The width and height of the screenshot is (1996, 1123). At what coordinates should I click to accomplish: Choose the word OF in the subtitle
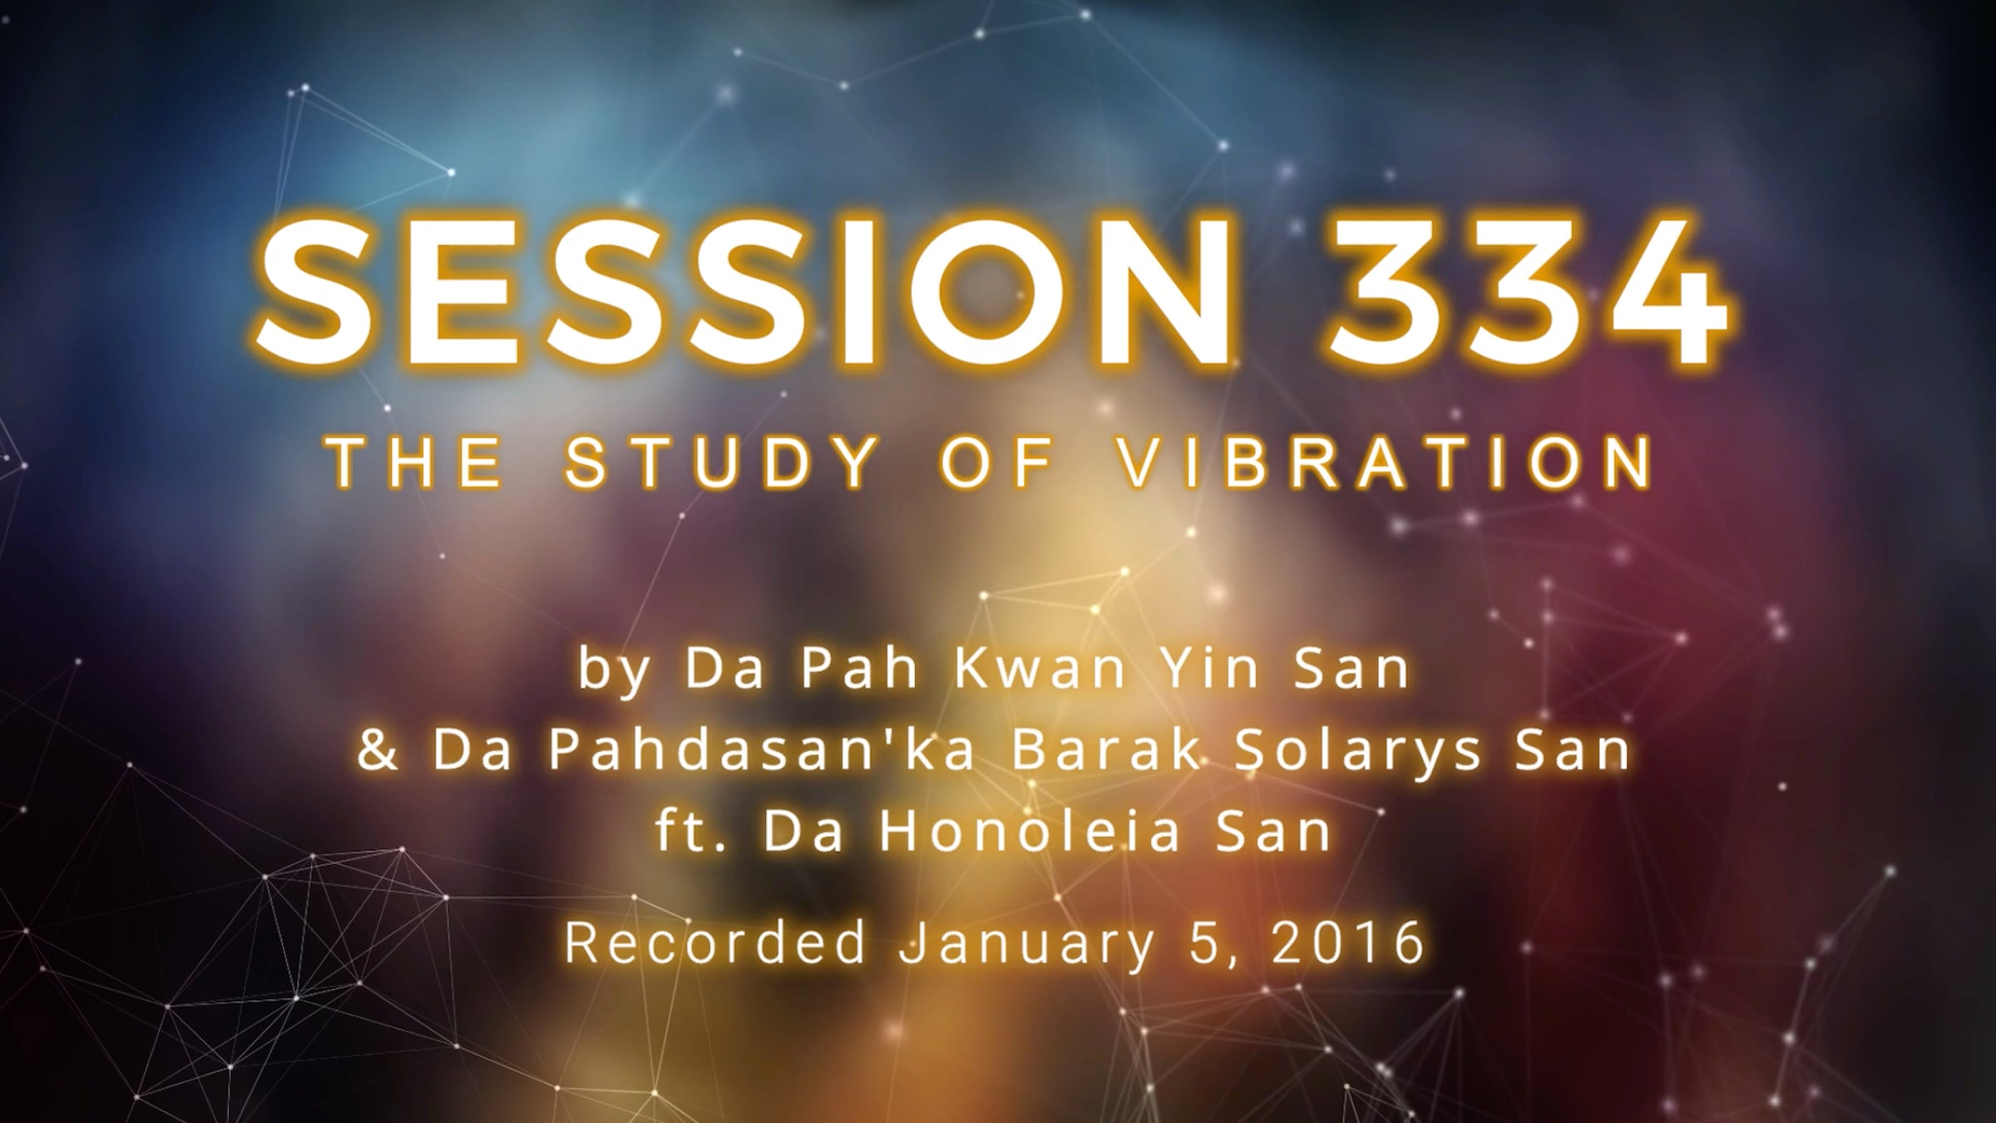(997, 463)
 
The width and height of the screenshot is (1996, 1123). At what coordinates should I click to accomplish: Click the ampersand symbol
(378, 749)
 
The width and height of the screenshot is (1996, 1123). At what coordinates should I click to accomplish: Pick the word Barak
(1105, 749)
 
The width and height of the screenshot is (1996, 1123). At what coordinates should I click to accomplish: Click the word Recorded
(716, 942)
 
